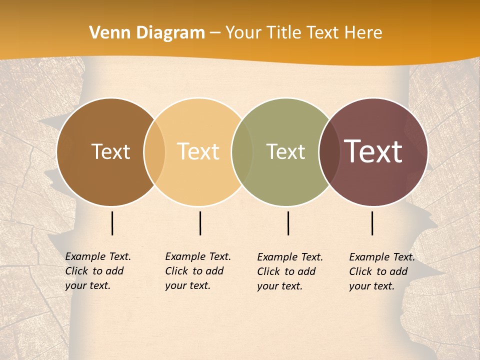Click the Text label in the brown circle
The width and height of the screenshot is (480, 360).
pos(110,151)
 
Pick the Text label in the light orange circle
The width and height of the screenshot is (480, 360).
pos(198,151)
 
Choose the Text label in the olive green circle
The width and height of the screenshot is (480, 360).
pos(285,151)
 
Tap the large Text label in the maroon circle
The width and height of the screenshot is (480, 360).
pos(373,151)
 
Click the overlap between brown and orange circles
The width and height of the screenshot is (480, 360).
pos(154,151)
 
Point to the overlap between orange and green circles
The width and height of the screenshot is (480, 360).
pos(242,151)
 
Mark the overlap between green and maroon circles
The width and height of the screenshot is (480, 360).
pos(329,151)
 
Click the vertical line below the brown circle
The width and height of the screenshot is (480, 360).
pos(112,223)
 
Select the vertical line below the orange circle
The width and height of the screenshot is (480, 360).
pos(200,223)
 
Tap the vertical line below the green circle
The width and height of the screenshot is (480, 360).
pos(288,223)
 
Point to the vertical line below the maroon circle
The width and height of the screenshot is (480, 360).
pos(372,223)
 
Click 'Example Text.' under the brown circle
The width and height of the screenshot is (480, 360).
pos(98,256)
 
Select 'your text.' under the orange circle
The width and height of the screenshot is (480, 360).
pos(187,285)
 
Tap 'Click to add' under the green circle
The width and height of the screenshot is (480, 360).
pos(286,271)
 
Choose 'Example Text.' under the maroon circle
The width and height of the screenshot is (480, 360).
pos(382,257)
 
